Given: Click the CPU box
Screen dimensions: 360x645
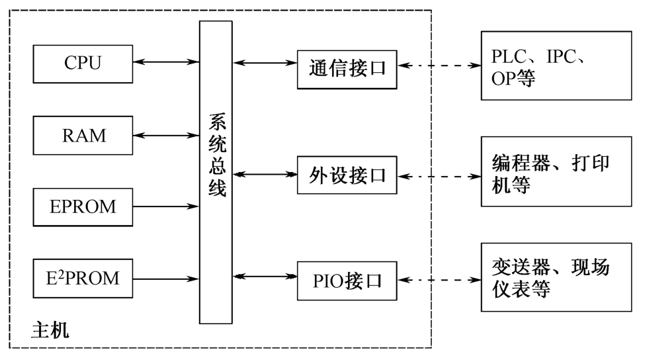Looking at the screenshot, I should coord(83,63).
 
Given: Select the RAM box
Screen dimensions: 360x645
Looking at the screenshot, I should coord(83,136).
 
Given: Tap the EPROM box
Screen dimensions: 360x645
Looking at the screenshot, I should coord(83,206).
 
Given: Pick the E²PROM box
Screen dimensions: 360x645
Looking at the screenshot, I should coord(83,279).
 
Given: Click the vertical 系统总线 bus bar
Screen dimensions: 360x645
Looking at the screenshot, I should coord(216,172).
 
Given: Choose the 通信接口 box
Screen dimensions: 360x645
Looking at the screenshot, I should coord(347,68).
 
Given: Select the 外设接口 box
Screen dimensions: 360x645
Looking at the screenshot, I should coord(347,176).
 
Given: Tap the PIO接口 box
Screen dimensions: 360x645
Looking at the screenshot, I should coord(347,281).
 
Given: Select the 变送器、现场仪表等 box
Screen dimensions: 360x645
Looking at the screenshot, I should coord(546,279).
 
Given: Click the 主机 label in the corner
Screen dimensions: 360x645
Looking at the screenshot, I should coord(50,330).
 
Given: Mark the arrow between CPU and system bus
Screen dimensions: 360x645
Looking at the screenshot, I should coord(166,62).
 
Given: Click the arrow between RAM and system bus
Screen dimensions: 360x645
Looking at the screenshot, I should coord(166,136).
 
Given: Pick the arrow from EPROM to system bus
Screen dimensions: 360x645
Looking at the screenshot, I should coord(166,206).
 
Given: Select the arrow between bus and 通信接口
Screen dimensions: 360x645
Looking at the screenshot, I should coord(265,64).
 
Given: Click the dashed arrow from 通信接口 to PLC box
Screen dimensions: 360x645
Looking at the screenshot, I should coord(439,66).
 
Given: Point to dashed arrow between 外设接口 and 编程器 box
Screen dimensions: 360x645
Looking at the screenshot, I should coord(439,177).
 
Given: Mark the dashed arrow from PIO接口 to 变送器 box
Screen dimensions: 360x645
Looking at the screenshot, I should coord(439,280).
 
